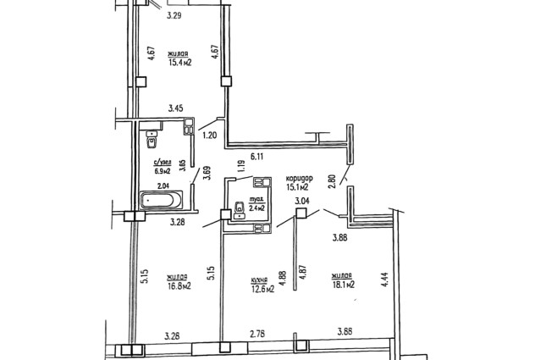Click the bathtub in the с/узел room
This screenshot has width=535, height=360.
tap(161, 200)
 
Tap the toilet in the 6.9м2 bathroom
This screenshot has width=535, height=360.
tap(152, 140)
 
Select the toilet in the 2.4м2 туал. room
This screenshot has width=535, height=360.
tap(240, 210)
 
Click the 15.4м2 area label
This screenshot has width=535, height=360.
tap(179, 63)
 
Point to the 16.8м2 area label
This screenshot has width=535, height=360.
tap(179, 285)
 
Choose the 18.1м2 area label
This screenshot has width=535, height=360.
tap(343, 285)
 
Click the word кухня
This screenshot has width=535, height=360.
tap(259, 280)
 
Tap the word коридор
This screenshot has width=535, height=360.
tap(299, 179)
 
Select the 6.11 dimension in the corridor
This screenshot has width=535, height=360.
tap(257, 157)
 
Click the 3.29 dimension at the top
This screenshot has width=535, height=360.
tap(174, 15)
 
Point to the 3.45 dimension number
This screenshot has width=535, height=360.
tap(176, 108)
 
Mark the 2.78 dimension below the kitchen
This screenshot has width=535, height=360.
tap(257, 334)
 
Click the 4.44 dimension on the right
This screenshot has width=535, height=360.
tap(385, 279)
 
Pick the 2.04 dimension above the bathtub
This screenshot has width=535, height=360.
tap(163, 186)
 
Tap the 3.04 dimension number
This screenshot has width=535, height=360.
tap(302, 201)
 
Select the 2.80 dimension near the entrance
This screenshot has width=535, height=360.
tap(333, 181)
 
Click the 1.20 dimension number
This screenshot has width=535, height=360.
tap(209, 136)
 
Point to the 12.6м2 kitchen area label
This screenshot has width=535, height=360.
tap(262, 290)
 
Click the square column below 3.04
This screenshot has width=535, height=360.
tap(301, 213)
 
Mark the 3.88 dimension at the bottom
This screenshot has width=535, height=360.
tap(345, 332)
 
